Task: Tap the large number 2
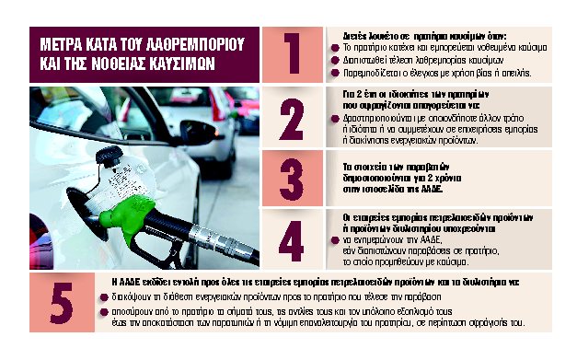click(291, 117)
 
